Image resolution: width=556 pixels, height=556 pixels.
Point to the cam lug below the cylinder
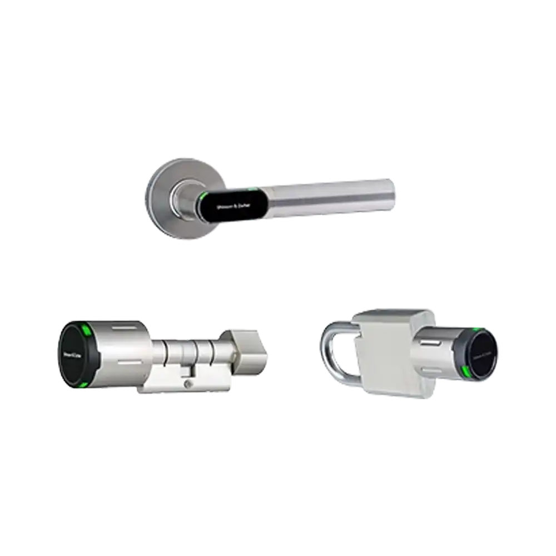[186, 375]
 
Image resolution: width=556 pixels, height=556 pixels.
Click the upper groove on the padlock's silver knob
[431, 339]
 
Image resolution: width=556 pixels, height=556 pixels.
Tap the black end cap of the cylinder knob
[72, 356]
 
